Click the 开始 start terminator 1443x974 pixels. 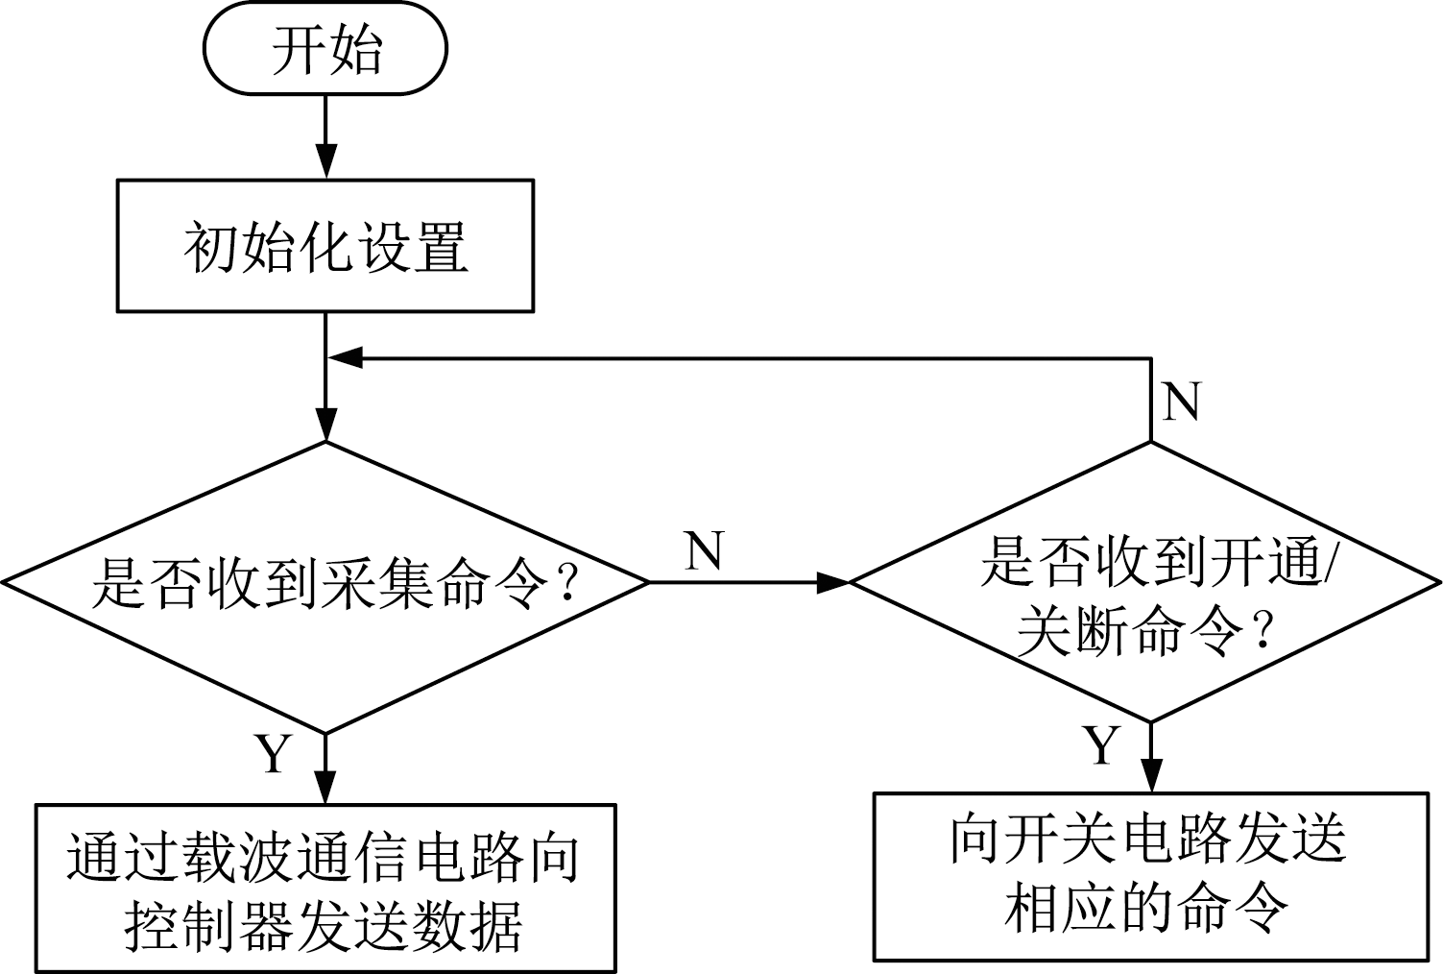coord(325,49)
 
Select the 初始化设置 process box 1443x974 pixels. coord(325,246)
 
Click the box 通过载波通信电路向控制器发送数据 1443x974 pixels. coord(325,889)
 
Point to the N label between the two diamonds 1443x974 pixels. coord(704,550)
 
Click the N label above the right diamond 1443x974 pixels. coord(1181,401)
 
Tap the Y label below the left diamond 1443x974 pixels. coord(272,754)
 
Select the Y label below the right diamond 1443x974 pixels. coord(1101,745)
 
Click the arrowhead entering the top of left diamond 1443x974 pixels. coord(326,426)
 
